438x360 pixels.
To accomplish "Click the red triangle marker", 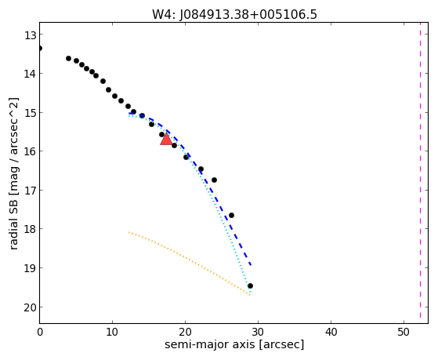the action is click(166, 139).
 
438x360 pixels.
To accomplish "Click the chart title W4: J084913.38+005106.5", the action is click(234, 14).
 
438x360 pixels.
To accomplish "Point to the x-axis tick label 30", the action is click(258, 332).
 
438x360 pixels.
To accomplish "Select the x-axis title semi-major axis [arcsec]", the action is click(234, 344).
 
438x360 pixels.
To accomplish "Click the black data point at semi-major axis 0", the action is click(40, 48).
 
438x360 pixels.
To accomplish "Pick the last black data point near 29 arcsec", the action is click(250, 285).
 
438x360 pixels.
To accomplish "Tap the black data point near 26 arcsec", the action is click(231, 215).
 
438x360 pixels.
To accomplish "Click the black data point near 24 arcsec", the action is click(214, 180).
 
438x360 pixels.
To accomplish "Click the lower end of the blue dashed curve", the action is click(251, 264).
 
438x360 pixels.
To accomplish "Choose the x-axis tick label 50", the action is click(404, 332).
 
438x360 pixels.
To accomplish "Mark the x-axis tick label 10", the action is click(112, 332).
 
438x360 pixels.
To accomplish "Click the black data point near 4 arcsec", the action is click(68, 58).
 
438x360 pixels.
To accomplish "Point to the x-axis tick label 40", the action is click(331, 332).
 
